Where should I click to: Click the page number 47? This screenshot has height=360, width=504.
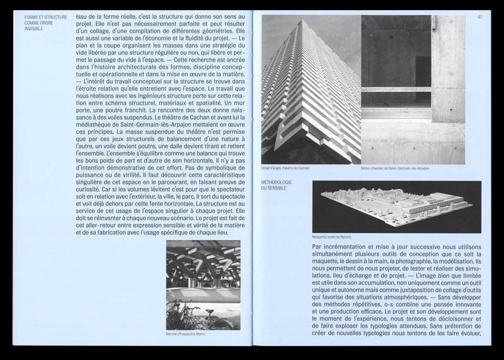(479, 17)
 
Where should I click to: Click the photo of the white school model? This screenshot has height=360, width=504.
(396, 206)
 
